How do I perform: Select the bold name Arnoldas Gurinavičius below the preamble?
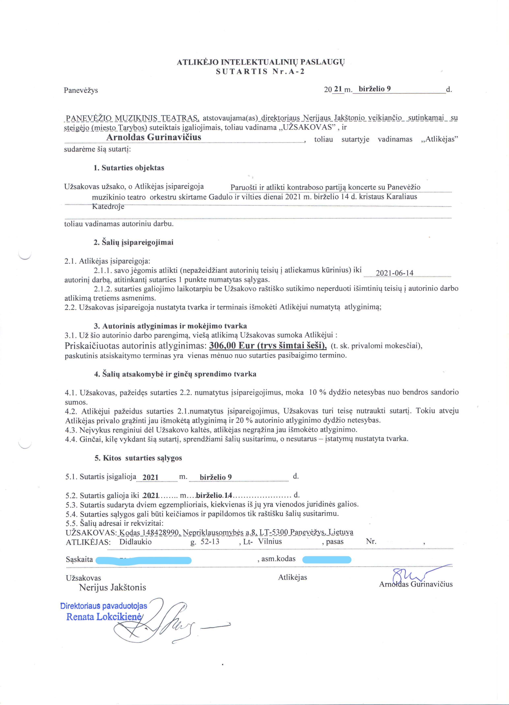pos(154,137)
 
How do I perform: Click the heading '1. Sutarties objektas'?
pos(129,168)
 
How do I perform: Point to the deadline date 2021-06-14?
pos(394,273)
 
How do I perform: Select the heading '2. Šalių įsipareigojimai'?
pos(134,243)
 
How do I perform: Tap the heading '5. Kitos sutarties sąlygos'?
pos(138,458)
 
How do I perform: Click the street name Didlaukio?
pos(135,542)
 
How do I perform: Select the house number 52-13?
pos(210,542)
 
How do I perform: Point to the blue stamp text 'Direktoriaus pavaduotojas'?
pos(104,606)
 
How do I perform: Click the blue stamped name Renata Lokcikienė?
pos(104,617)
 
